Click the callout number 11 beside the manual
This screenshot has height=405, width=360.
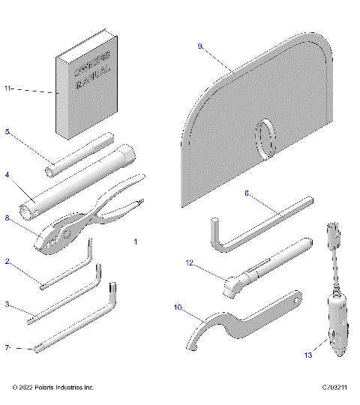click(x=7, y=89)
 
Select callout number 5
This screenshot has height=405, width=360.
click(x=7, y=132)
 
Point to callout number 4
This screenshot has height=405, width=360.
click(x=7, y=175)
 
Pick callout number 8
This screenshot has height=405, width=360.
click(x=7, y=218)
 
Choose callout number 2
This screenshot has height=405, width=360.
click(x=7, y=262)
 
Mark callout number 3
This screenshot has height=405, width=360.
click(x=7, y=304)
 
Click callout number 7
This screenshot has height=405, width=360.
click(x=7, y=347)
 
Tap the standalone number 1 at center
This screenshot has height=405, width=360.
click(x=136, y=241)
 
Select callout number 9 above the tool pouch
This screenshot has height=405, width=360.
click(x=200, y=46)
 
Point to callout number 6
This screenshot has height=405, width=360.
click(x=247, y=193)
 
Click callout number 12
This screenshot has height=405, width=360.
click(x=190, y=262)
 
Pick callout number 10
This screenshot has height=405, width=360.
click(x=178, y=307)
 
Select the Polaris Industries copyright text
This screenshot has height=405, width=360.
click(x=53, y=388)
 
